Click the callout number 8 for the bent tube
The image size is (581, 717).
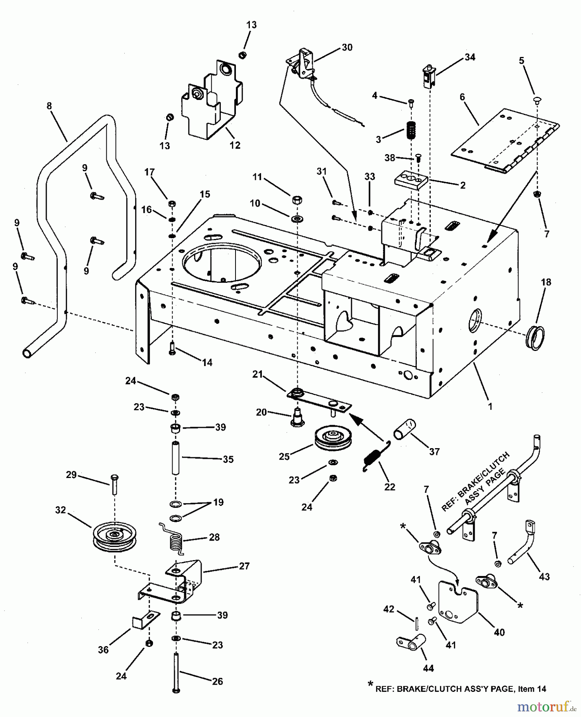pos(49,106)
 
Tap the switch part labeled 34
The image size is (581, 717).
pos(428,76)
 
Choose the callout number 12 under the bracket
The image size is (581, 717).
pos(235,145)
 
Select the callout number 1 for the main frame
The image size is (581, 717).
pos(490,407)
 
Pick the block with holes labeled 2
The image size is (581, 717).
pos(410,179)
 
